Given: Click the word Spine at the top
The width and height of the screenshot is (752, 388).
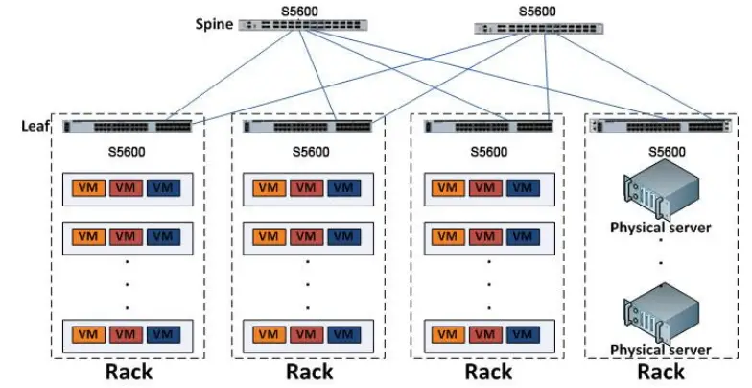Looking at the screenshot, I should coord(214,24).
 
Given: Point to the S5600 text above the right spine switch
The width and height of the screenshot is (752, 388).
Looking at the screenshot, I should coord(536,12).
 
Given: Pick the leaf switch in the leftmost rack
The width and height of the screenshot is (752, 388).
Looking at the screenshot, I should coord(127,127).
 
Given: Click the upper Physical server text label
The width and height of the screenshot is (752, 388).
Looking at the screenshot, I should coord(661,228).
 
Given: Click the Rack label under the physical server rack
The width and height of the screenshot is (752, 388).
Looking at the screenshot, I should coord(662,372).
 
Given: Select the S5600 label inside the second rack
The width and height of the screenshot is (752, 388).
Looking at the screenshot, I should coord(308,152).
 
